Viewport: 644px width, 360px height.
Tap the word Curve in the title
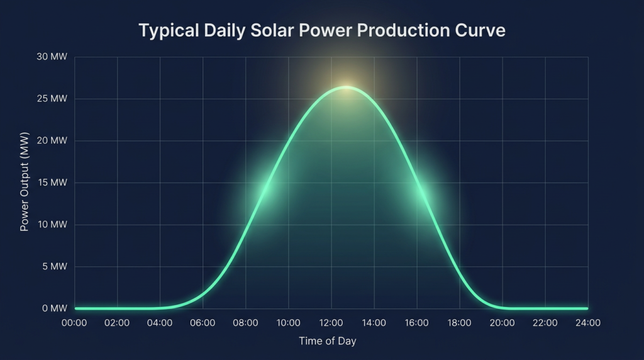(480, 30)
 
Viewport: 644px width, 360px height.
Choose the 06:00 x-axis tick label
(203, 323)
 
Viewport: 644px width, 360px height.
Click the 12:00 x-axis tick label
(331, 323)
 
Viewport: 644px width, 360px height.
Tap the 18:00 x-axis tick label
(459, 323)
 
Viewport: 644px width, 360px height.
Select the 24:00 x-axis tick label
(587, 323)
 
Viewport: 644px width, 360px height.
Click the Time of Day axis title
(327, 341)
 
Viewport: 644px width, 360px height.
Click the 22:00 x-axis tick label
(545, 323)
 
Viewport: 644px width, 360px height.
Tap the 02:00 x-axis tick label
(117, 323)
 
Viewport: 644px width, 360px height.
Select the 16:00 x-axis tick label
(416, 323)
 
